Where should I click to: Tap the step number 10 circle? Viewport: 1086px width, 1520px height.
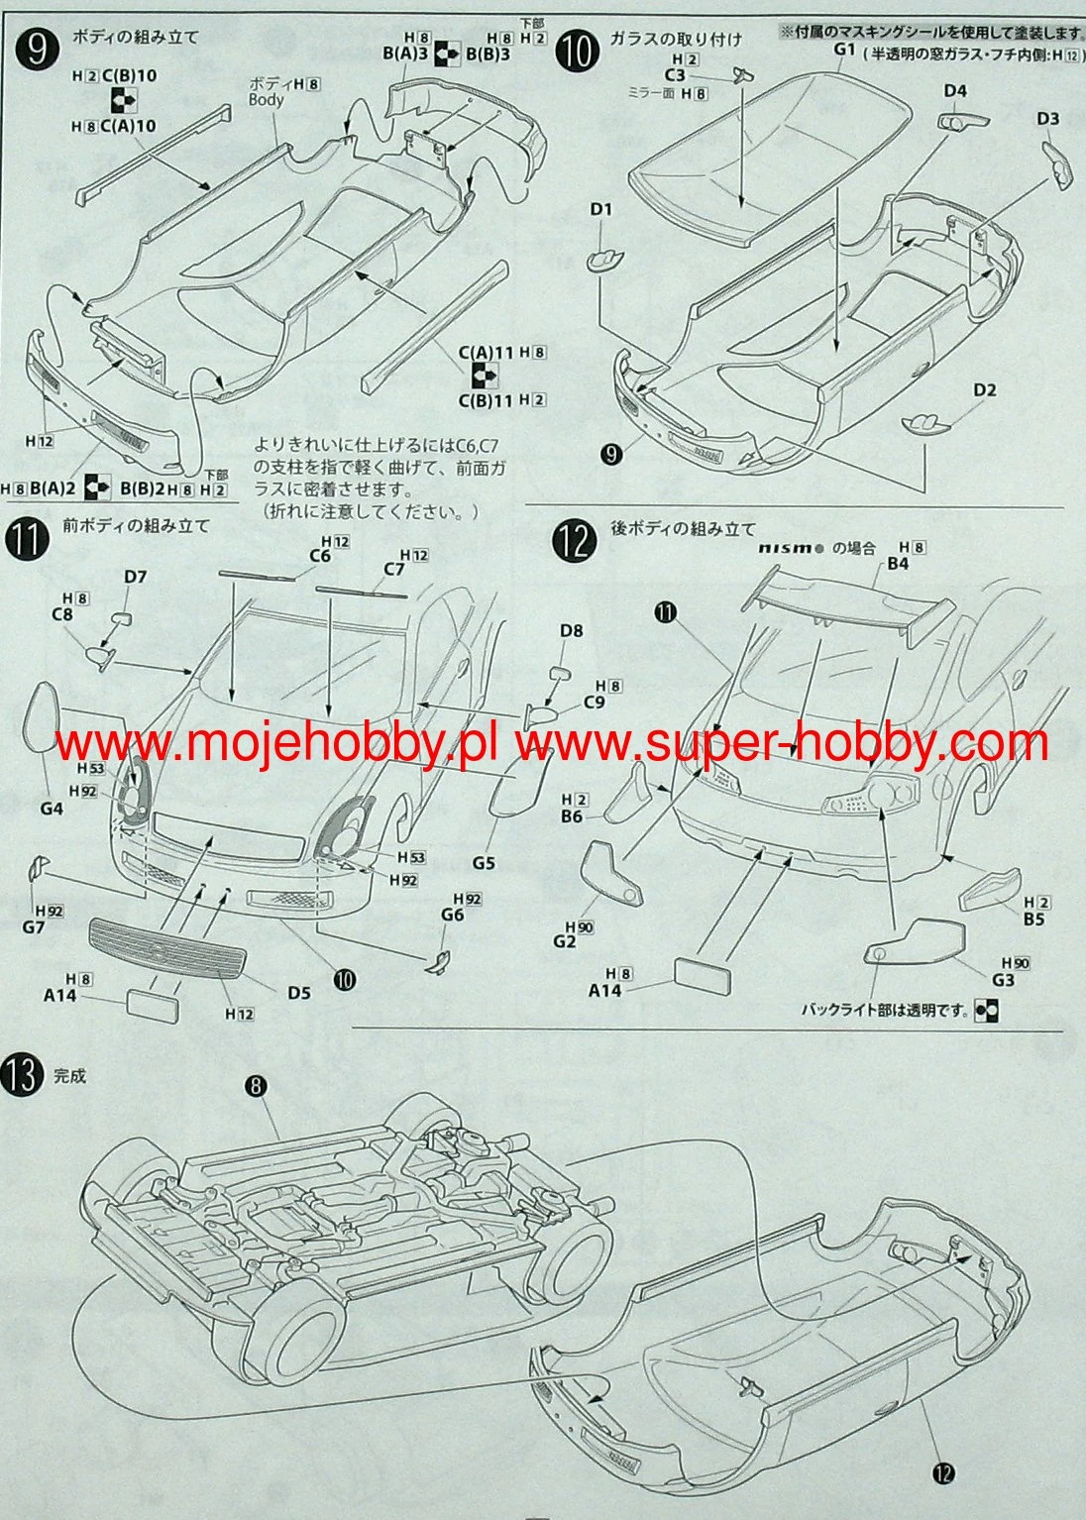[x=576, y=47]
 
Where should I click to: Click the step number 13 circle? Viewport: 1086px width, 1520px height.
[x=27, y=1075]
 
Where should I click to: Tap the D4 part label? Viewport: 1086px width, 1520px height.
[x=954, y=91]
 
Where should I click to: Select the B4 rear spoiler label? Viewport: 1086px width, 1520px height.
[x=898, y=564]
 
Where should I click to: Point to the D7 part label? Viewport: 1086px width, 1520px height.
[x=135, y=577]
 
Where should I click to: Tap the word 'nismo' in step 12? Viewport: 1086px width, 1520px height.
[x=790, y=548]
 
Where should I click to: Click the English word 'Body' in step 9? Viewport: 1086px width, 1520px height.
[x=266, y=100]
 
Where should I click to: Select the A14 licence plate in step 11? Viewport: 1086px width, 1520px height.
[x=153, y=1003]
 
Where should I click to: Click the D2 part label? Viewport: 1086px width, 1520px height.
[x=983, y=389]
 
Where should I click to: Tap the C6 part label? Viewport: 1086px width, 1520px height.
[x=318, y=556]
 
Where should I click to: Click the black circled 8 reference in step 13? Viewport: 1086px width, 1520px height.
[x=256, y=1086]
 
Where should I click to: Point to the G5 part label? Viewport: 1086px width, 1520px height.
[x=483, y=862]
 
